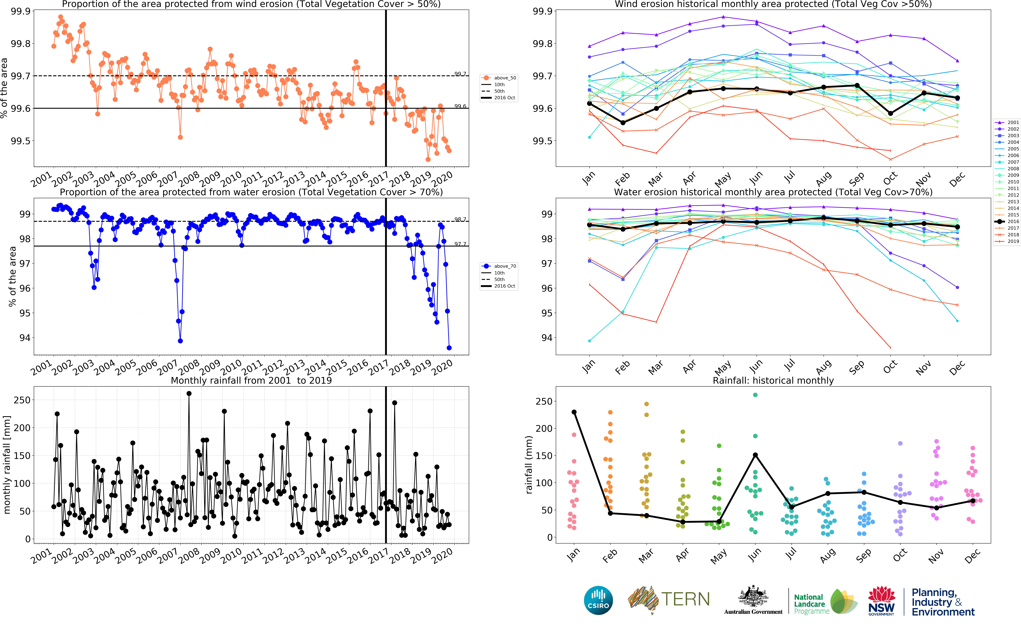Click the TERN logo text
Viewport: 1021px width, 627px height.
(685, 600)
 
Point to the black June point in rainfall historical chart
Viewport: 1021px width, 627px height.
(755, 455)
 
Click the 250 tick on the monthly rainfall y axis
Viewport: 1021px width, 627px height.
(22, 400)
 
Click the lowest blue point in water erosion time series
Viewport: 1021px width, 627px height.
(449, 348)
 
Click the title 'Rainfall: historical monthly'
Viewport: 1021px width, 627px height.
(773, 380)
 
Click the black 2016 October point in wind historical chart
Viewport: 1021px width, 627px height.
(890, 113)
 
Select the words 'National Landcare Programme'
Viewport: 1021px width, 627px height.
(811, 604)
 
